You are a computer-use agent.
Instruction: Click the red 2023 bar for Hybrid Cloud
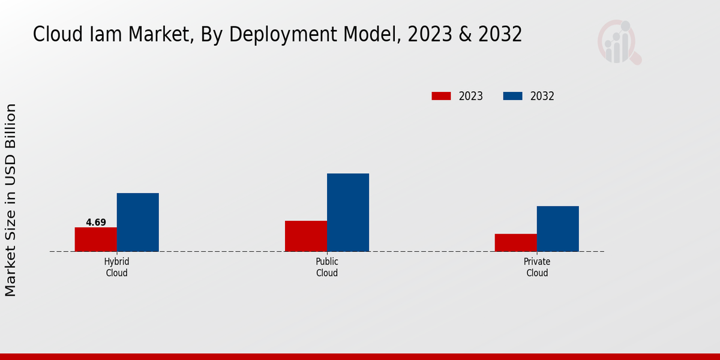click(96, 239)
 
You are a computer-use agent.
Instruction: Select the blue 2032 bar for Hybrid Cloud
click(138, 222)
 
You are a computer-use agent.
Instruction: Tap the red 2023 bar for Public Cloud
click(306, 236)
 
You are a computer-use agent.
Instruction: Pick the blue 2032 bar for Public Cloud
click(348, 212)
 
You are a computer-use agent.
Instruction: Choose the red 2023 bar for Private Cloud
click(516, 242)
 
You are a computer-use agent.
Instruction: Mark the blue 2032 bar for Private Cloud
click(558, 229)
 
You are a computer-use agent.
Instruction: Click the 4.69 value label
click(96, 223)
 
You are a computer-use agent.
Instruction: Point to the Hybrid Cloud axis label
click(117, 268)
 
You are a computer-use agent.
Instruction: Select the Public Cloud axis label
click(327, 268)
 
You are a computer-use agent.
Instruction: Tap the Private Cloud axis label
click(537, 268)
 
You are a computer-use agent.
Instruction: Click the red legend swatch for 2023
click(441, 96)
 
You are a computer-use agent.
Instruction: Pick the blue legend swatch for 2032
click(512, 96)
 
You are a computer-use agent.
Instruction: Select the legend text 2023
click(471, 96)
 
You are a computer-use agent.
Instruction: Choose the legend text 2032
click(542, 96)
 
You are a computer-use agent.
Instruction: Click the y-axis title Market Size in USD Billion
click(11, 200)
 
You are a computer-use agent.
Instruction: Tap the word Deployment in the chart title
click(277, 35)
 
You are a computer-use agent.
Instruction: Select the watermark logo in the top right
click(619, 42)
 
